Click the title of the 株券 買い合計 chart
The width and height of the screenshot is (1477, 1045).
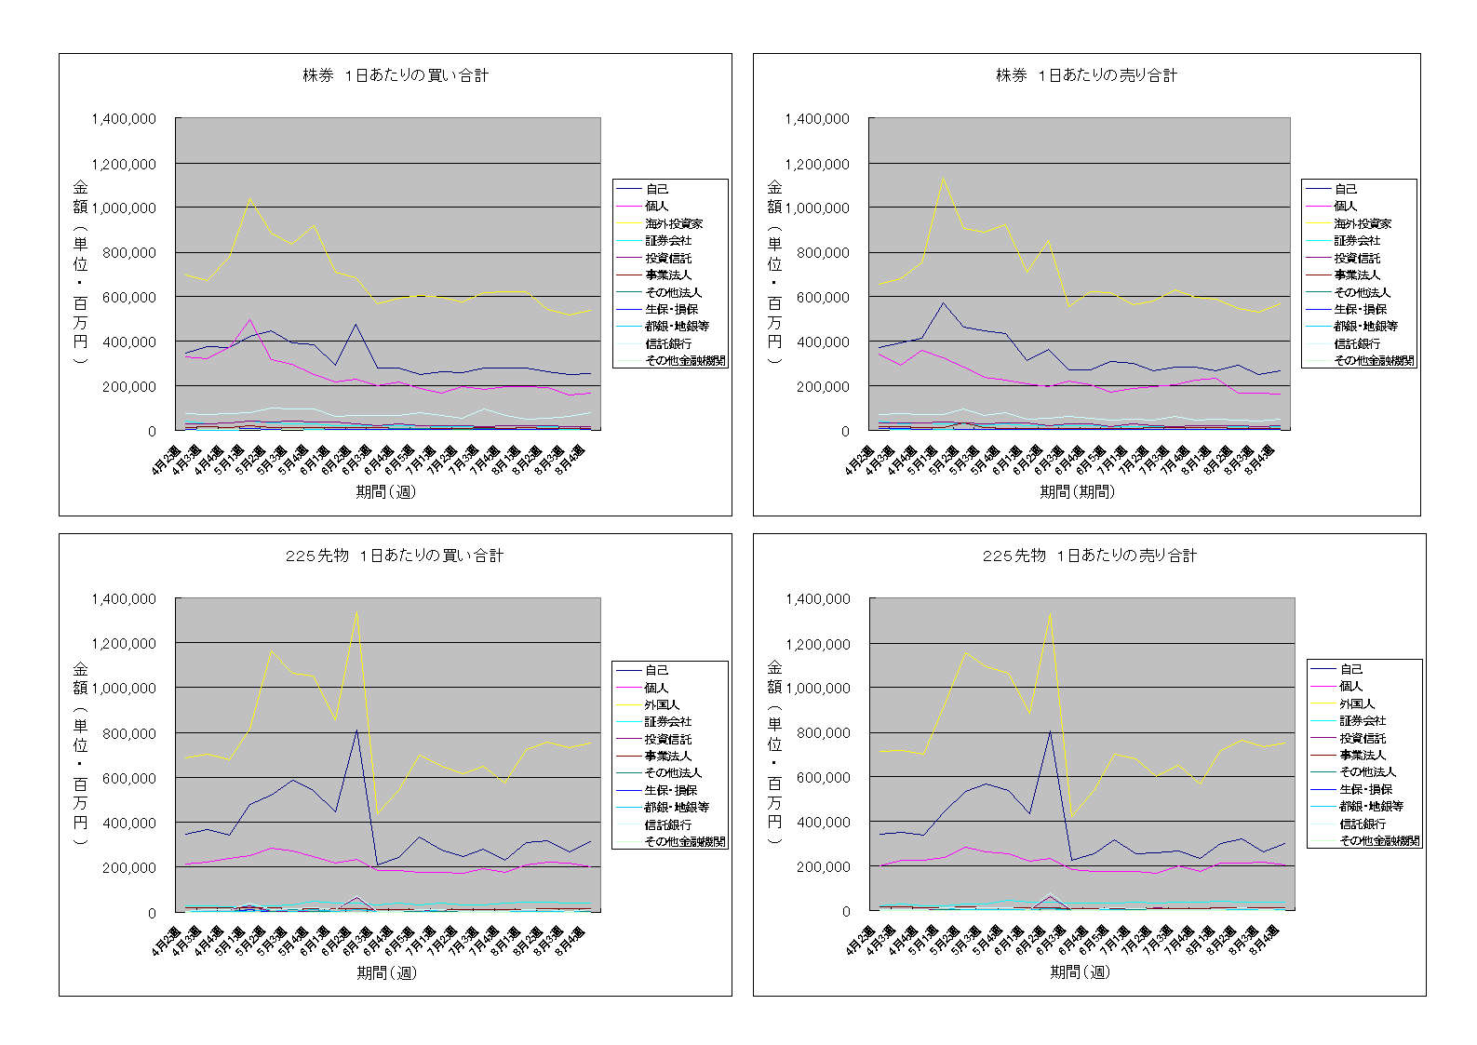click(396, 75)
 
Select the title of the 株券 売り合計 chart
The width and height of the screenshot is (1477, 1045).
click(1086, 75)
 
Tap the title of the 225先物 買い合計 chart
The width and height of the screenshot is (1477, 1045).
click(395, 556)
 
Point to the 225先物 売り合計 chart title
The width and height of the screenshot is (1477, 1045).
click(1090, 556)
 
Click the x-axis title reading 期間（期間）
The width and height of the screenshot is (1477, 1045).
click(1077, 491)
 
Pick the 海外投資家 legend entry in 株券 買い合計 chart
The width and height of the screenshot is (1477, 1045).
click(674, 223)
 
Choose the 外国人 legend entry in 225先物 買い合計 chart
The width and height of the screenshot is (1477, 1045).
click(662, 704)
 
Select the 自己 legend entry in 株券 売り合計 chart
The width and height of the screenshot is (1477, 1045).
click(1345, 189)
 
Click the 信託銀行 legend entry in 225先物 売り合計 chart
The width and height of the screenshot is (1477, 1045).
click(1363, 824)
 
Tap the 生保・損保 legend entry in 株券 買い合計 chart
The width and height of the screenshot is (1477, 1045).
click(671, 309)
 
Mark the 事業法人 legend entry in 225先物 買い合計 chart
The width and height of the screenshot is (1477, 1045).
click(668, 756)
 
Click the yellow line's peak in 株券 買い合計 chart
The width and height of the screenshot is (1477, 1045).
click(249, 198)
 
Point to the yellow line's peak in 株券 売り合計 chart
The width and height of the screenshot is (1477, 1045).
click(943, 178)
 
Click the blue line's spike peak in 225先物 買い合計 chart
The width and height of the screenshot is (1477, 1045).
click(356, 730)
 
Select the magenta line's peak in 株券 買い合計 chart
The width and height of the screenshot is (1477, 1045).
click(249, 320)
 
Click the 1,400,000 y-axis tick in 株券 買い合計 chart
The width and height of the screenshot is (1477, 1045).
click(124, 119)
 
